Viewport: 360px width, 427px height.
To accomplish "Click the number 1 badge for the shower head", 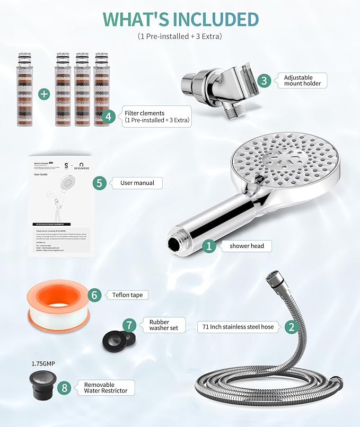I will tap(209, 245).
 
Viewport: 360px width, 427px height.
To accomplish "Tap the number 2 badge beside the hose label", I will tap(291, 326).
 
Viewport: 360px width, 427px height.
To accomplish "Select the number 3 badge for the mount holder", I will tap(265, 81).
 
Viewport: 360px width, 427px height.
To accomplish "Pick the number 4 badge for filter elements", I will tap(108, 117).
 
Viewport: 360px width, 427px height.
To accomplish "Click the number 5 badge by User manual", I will tap(99, 183).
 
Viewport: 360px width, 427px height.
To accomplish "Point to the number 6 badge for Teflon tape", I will tap(94, 295).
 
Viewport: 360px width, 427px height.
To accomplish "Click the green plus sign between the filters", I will tap(44, 94).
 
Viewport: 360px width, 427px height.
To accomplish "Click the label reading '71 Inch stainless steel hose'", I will tap(238, 327).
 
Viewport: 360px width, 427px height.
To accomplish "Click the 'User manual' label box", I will tap(137, 183).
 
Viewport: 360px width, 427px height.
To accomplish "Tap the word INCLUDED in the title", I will tap(209, 19).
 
